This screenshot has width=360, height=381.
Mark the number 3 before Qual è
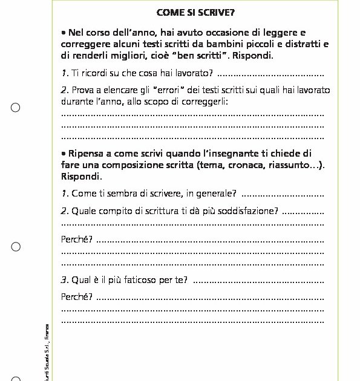64,279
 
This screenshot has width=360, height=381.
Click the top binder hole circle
16,108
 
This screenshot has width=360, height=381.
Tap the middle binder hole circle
16,247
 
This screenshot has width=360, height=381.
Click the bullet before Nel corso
64,32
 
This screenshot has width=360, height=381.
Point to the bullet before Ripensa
64,153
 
